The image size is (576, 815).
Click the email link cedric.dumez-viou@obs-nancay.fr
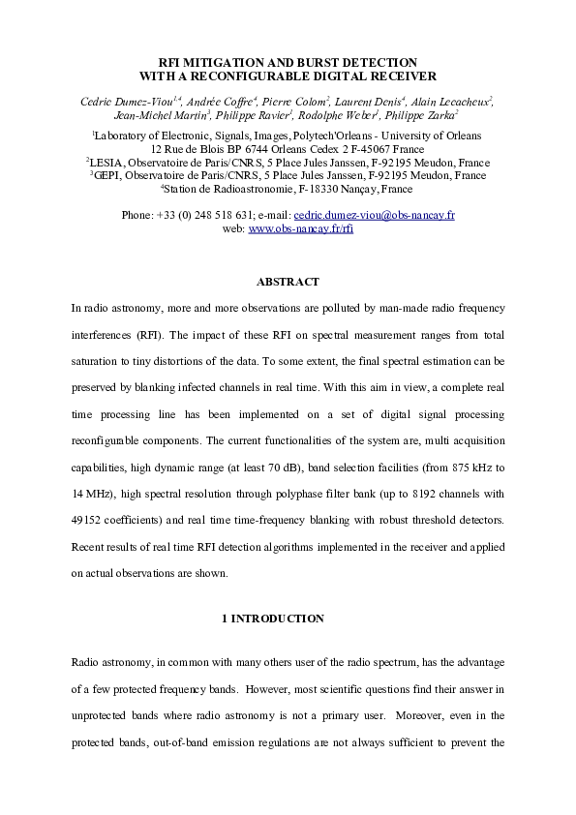[x=375, y=214]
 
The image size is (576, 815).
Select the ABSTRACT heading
[x=287, y=282]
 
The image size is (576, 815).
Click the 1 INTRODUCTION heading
[x=287, y=618]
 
